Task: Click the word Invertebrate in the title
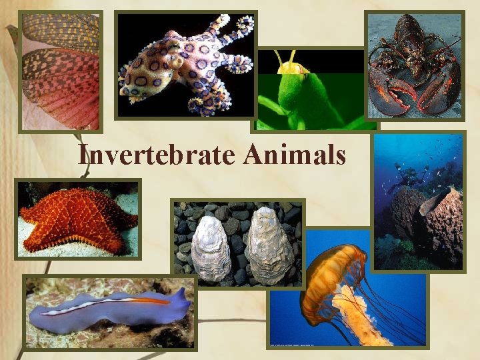(x=157, y=155)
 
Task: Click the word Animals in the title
(x=295, y=155)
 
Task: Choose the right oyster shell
(x=268, y=244)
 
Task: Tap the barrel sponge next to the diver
(x=407, y=213)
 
